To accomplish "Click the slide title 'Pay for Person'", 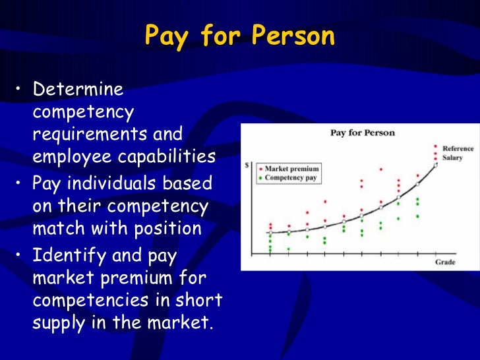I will point(239,36).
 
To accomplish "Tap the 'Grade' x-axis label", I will point(445,262).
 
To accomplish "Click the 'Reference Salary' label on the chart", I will point(458,153).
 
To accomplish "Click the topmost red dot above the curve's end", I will point(435,146).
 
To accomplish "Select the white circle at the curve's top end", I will point(435,165).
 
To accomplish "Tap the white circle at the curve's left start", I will point(270,233).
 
